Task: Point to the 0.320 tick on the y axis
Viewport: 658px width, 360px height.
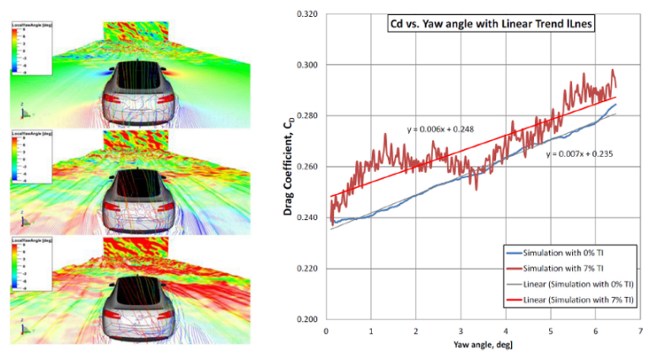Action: (307, 14)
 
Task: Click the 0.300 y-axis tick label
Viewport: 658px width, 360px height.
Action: (307, 65)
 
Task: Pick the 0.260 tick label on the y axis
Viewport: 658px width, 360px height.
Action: (307, 167)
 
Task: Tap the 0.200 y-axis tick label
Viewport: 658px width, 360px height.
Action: (307, 320)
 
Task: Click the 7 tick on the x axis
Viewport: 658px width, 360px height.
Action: (641, 330)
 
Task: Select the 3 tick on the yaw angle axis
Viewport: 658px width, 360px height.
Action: (461, 330)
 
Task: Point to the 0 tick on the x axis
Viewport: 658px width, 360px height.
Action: (326, 330)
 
